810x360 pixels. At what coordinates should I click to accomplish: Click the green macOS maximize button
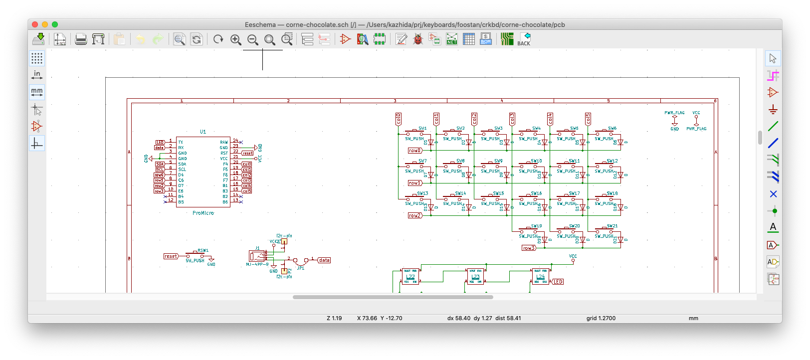click(x=55, y=24)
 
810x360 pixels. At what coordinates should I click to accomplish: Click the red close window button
click(x=35, y=24)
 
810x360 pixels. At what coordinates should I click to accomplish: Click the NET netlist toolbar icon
click(x=452, y=39)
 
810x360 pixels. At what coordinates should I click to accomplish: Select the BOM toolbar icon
click(x=486, y=39)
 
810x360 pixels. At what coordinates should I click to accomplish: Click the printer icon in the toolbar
click(x=81, y=39)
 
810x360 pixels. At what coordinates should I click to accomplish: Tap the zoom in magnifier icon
click(x=235, y=39)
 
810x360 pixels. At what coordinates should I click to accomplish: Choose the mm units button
click(x=37, y=92)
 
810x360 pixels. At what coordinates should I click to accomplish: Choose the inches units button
click(x=37, y=75)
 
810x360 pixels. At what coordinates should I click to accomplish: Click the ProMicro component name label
click(x=203, y=213)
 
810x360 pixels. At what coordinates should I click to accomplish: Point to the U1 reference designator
click(x=203, y=132)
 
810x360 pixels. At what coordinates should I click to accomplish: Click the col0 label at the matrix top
click(x=399, y=119)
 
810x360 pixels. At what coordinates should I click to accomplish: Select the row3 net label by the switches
click(x=529, y=248)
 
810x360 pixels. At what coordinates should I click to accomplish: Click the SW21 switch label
click(x=612, y=226)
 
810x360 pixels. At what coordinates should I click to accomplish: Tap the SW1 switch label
click(x=422, y=128)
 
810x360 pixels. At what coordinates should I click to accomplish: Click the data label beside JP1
click(x=324, y=260)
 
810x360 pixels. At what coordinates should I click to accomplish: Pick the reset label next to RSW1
click(x=171, y=256)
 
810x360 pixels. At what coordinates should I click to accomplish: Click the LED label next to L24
click(x=558, y=282)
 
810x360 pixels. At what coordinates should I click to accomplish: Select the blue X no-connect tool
click(x=773, y=194)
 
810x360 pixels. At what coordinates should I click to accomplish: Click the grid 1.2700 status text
click(x=601, y=318)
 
